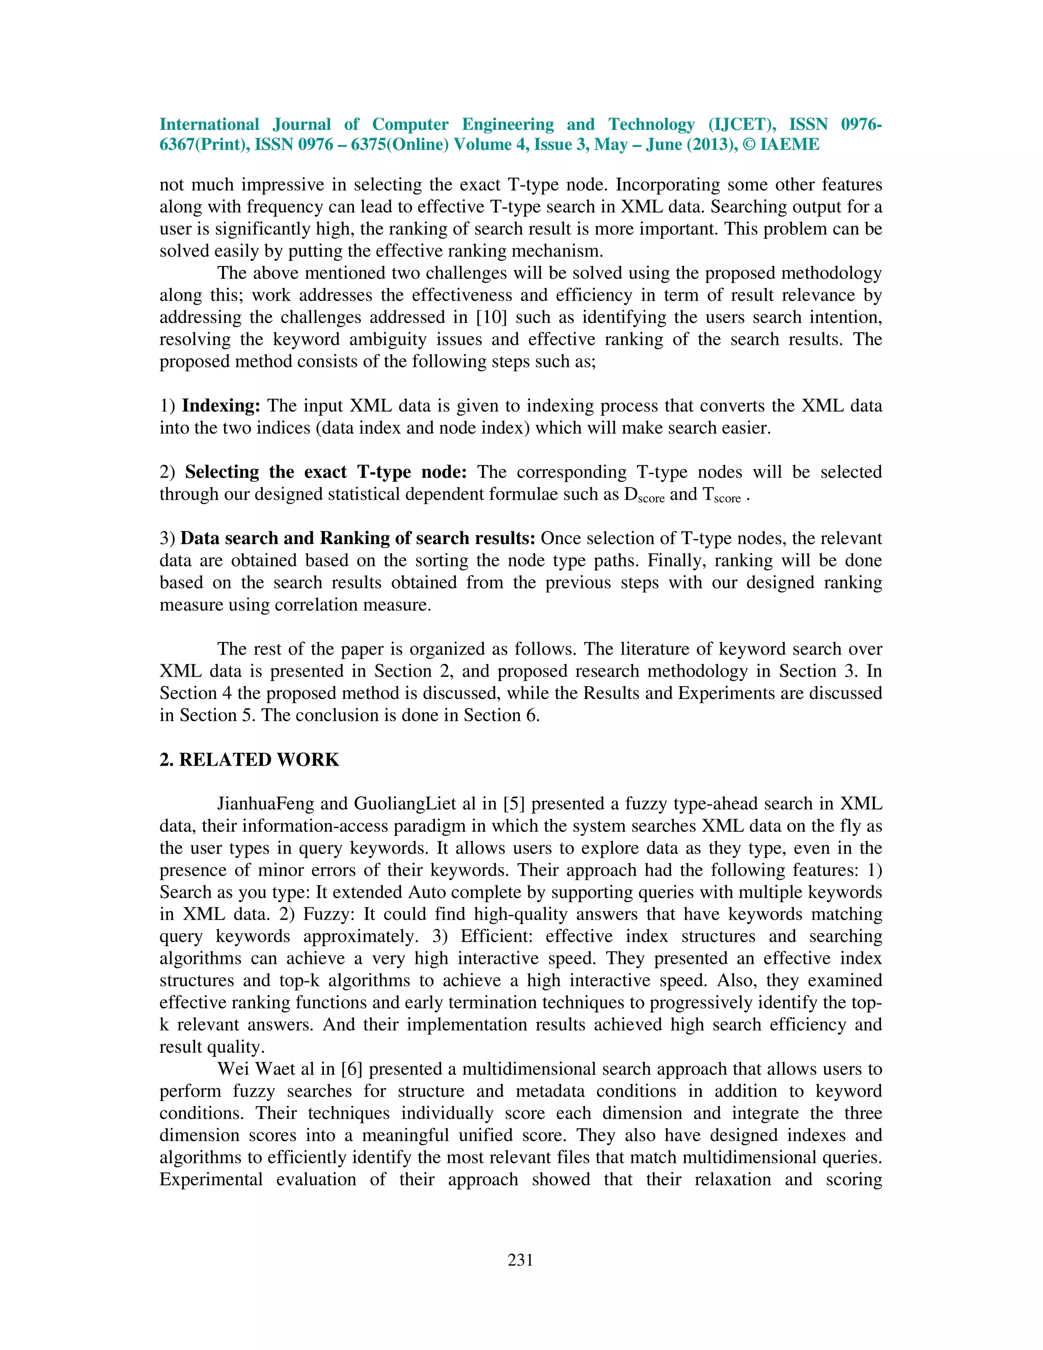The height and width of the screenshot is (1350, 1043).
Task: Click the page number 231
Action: click(520, 1260)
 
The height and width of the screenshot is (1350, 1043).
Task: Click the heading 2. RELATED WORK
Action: click(249, 759)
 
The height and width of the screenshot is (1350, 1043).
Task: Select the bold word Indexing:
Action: click(221, 406)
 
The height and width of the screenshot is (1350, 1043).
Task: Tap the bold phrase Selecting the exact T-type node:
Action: click(325, 472)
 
